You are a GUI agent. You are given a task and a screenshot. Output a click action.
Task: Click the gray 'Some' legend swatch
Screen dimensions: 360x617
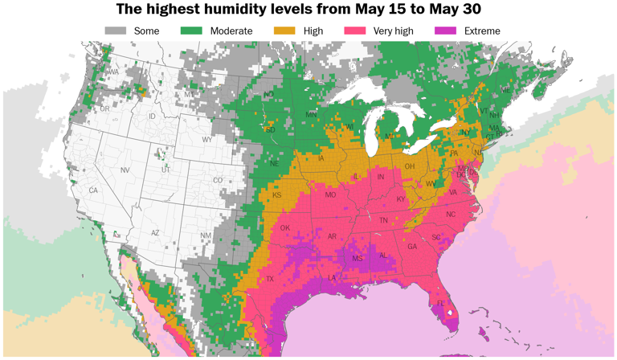click(116, 31)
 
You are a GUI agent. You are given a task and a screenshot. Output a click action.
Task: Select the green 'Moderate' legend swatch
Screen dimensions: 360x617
click(191, 31)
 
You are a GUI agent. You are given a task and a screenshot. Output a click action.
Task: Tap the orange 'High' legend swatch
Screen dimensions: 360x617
click(284, 31)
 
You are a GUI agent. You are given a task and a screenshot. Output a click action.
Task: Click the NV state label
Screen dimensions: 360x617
click(125, 170)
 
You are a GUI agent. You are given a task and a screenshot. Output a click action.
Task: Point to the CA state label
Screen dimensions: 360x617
click(93, 190)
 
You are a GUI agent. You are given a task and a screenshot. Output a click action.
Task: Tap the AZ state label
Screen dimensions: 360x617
click(156, 233)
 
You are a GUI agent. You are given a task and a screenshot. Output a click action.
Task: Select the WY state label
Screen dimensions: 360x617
click(207, 140)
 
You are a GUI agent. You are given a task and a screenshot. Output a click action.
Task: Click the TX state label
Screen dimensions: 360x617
click(270, 279)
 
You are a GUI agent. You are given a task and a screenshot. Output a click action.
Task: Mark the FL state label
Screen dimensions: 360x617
click(440, 304)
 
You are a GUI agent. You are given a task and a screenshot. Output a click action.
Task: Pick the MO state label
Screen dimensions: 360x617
click(330, 195)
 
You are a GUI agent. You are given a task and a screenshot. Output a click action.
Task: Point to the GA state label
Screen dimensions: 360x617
click(412, 247)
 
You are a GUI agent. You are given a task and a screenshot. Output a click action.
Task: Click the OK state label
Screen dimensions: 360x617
click(284, 227)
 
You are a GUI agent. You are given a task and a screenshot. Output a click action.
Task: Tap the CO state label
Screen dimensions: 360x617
click(218, 181)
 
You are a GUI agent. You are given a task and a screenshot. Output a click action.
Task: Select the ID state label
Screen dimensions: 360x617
click(152, 117)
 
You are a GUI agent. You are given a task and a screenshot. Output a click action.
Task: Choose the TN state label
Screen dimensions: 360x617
click(383, 220)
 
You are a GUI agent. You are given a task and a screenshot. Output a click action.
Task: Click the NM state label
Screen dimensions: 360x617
click(206, 235)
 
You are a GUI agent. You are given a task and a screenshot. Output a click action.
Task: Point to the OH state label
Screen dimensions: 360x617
click(409, 166)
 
